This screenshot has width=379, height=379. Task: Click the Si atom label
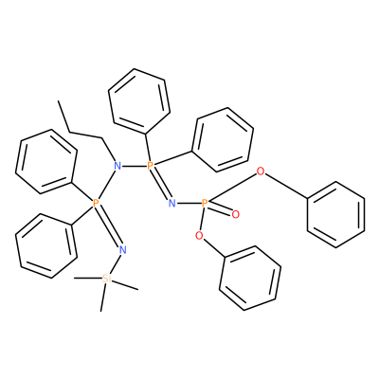pos(106,279)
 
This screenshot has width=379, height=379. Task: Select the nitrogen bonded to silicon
pos(123,250)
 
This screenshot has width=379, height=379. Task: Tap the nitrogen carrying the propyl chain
pos(117,165)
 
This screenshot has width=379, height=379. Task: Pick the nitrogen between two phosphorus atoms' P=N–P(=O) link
pos(172,203)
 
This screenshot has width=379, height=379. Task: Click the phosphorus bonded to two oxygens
pos(205,203)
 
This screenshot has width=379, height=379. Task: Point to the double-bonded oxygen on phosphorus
pos(235,215)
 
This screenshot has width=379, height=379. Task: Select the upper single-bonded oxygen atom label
pos(261,171)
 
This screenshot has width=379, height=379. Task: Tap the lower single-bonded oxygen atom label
pos(199,235)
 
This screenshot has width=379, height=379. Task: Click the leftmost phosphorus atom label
pos(96,203)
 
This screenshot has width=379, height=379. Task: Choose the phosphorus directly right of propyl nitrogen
pos(151,165)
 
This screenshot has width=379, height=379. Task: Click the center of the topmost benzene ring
pos(139,101)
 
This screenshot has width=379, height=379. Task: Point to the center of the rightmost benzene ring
pos(336,214)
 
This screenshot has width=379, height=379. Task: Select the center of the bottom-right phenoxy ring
pos(250,278)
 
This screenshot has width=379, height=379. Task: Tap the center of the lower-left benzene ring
pos(46,246)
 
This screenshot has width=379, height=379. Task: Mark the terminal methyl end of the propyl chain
pos(59,101)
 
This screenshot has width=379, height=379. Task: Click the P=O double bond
pos(221,209)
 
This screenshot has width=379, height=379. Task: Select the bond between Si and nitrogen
pos(116,263)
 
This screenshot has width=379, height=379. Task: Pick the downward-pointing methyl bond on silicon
pos(103,298)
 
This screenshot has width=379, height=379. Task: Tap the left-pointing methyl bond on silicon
pos(88,278)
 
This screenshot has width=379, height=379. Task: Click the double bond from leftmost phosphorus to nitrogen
pos(110,226)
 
